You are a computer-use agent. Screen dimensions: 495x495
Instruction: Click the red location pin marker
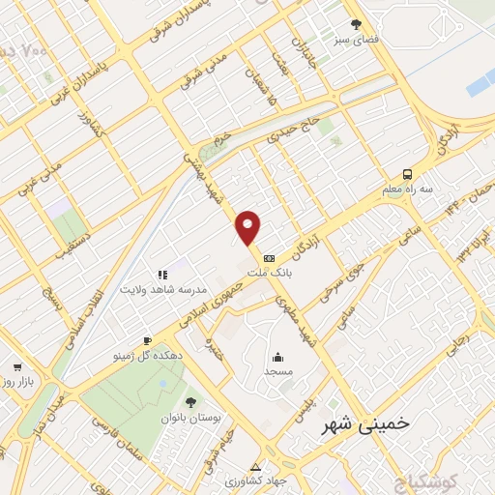click(248, 226)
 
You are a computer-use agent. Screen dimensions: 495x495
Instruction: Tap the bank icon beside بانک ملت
click(269, 257)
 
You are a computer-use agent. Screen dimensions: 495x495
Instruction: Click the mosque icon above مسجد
click(277, 356)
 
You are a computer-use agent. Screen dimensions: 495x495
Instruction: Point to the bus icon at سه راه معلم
click(407, 174)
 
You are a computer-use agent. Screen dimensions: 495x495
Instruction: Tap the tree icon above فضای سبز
click(357, 24)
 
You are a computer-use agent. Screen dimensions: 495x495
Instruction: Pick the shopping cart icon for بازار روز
click(17, 367)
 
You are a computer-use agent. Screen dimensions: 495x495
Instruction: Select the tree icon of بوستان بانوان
click(189, 402)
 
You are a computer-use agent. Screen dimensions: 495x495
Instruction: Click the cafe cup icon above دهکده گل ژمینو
click(147, 340)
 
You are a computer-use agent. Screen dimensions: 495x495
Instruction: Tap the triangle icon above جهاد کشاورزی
click(255, 466)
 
